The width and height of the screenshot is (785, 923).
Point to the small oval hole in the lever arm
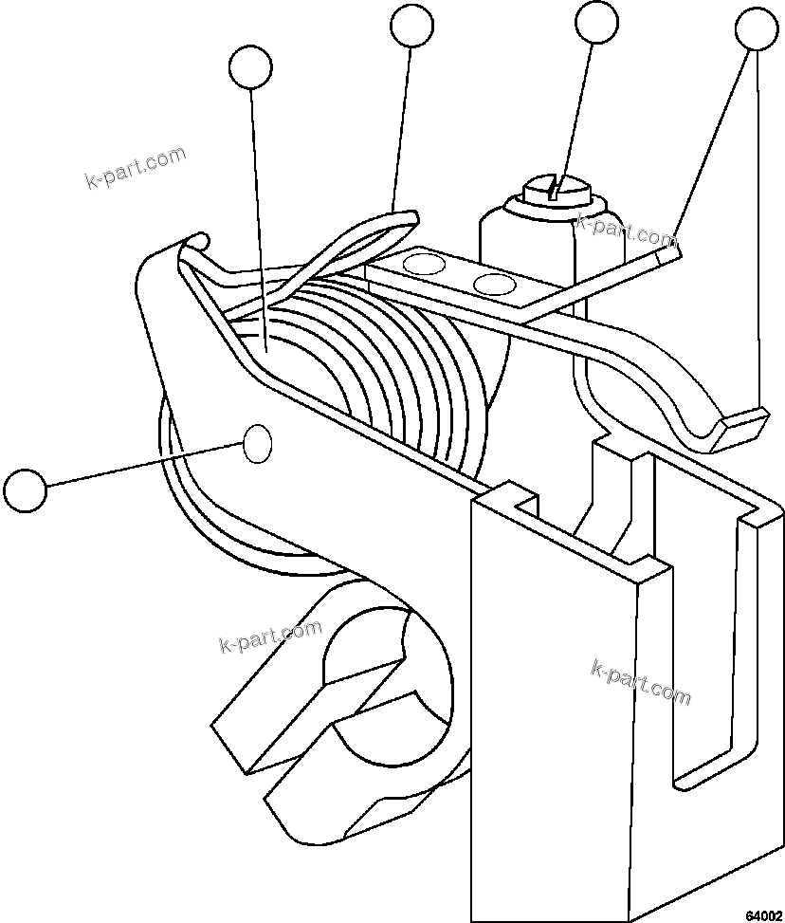(x=258, y=443)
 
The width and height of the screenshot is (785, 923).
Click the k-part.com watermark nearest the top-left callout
(x=136, y=167)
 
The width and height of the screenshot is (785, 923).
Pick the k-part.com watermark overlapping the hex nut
(x=626, y=228)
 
